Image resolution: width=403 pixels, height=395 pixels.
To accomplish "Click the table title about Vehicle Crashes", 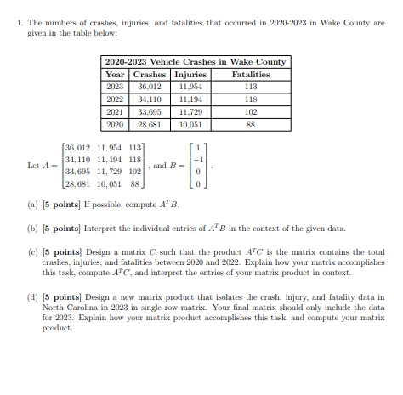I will point(195,62).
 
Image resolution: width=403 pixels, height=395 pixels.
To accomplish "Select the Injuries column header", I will point(190,74).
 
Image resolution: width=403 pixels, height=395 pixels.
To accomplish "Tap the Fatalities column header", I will point(250,74).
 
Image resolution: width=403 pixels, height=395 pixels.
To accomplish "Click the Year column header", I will point(115,74).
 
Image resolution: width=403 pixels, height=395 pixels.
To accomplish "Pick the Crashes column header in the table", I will point(150,74).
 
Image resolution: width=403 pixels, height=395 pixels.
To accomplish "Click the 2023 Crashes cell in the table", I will point(150,86).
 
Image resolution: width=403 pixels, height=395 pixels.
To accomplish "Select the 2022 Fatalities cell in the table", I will point(250,98).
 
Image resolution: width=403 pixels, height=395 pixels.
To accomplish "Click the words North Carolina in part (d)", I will point(71,307).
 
